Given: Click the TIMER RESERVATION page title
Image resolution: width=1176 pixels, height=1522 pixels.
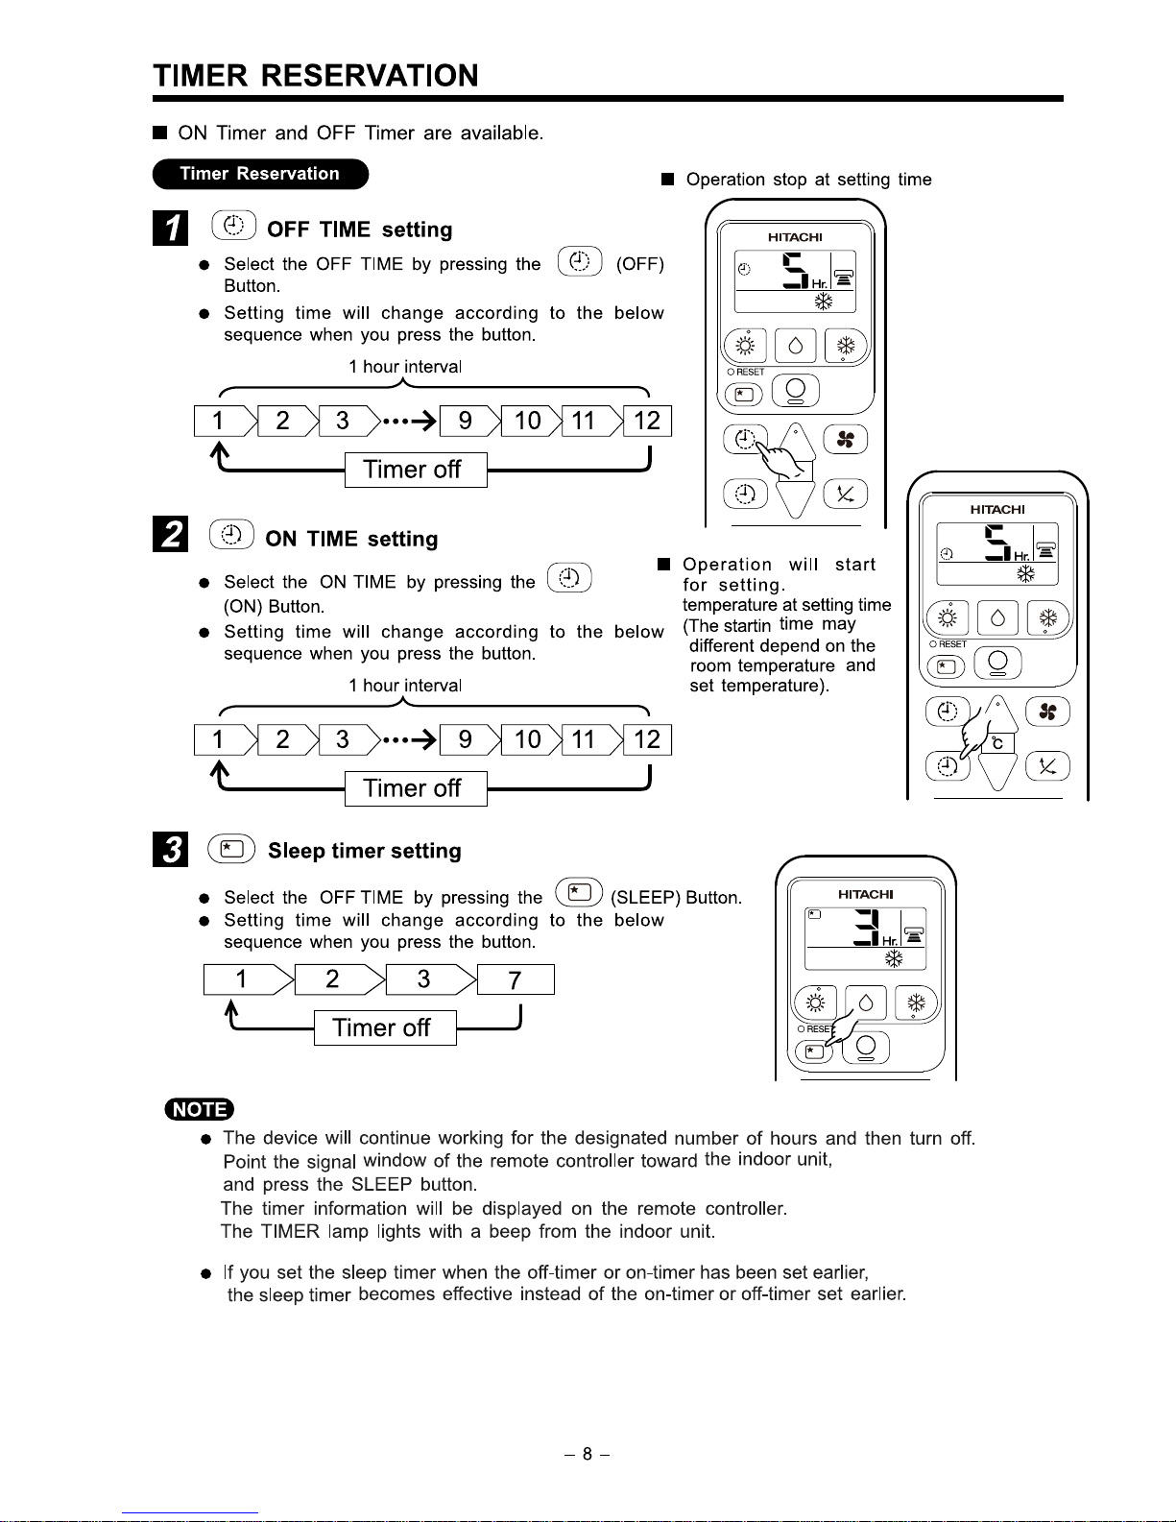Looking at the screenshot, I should tap(316, 76).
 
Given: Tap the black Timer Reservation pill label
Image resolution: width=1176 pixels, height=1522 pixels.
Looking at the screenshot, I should tap(260, 174).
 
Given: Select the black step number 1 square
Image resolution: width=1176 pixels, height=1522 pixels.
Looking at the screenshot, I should tap(171, 229).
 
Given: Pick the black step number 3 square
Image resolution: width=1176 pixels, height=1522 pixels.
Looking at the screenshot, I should tap(170, 850).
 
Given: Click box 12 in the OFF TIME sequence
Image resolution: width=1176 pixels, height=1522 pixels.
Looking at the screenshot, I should tap(647, 422).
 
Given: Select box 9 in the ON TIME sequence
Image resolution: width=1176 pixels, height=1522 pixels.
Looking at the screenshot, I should tap(466, 740).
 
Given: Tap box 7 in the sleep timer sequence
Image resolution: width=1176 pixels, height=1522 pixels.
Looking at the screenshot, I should tap(516, 980).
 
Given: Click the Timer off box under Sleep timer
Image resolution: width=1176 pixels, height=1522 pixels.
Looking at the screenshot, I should tap(382, 1028).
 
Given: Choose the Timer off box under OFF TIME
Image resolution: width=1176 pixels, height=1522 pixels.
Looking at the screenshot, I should tap(413, 470).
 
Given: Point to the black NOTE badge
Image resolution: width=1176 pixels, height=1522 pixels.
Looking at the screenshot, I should tap(199, 1110).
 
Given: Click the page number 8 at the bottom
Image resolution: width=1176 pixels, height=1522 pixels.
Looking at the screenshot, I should tap(587, 1454).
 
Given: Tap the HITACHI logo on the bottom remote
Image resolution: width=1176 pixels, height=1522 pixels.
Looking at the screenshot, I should tap(865, 894).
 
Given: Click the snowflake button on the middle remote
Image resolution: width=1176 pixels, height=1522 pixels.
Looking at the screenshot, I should tap(1048, 619).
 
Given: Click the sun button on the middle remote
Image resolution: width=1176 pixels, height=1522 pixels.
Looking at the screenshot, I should tap(947, 619).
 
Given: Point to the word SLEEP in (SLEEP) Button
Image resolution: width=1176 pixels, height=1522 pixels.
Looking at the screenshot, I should tap(645, 898).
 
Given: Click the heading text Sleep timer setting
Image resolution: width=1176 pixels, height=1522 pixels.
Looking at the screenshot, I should tap(365, 851).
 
